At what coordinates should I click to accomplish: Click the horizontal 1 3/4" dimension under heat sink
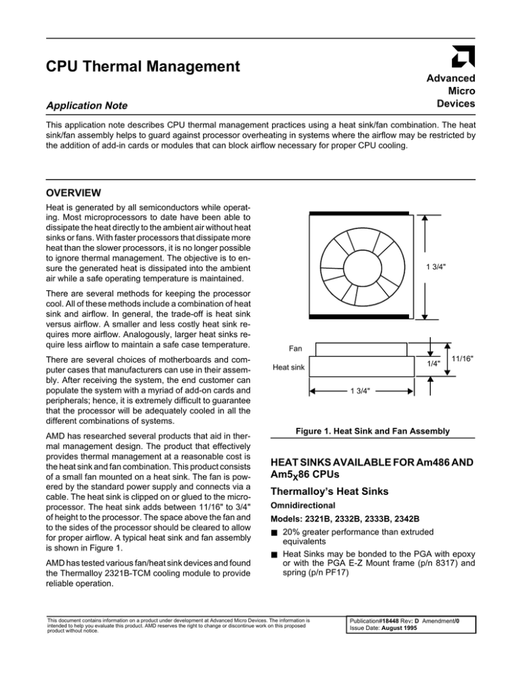361,391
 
